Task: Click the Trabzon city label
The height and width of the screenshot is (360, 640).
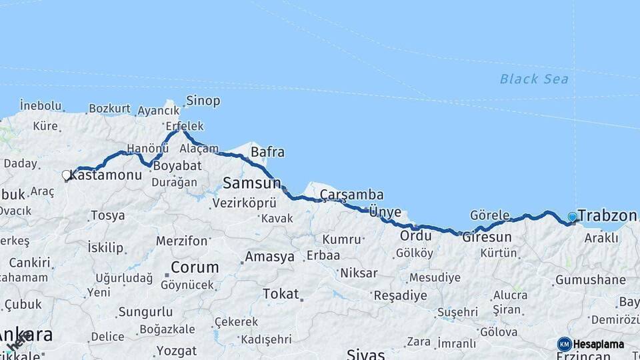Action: [x=607, y=215]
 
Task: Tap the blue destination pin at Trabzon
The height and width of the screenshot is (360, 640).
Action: [x=572, y=217]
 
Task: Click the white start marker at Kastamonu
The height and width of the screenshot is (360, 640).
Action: [x=66, y=175]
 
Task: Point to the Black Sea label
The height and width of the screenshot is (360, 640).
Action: [x=534, y=79]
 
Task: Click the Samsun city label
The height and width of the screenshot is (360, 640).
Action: [x=252, y=183]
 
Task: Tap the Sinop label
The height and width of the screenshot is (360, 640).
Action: [x=203, y=101]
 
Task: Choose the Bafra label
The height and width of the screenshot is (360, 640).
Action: [x=267, y=152]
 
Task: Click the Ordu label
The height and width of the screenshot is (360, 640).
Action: [x=416, y=236]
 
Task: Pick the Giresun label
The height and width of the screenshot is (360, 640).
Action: [x=487, y=237]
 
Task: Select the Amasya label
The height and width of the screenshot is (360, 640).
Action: [x=269, y=257]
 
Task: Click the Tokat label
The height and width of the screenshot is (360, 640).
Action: [x=281, y=293]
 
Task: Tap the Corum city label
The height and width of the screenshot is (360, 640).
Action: [x=195, y=267]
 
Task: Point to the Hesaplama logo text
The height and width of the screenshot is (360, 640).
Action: [x=599, y=344]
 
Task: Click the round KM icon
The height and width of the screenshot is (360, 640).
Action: [x=565, y=344]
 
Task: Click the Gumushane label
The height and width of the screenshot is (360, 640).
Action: [x=590, y=280]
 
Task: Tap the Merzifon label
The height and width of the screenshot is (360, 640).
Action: [x=182, y=241]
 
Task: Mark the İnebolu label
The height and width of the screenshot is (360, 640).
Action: [x=41, y=105]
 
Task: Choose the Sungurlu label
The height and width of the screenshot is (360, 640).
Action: [x=145, y=311]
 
